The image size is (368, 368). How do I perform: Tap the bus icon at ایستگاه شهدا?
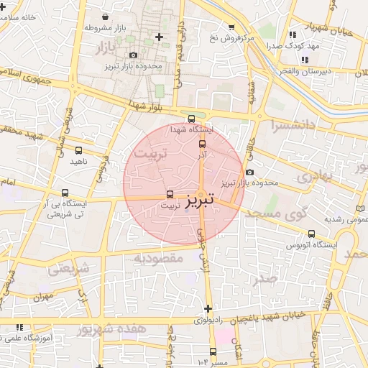click(191, 119)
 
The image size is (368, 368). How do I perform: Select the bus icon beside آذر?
click(201, 144)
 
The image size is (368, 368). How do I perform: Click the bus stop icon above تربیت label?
click(170, 194)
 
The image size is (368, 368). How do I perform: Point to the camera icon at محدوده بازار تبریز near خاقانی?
click(249, 172)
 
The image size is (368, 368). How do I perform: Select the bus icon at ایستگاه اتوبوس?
click(311, 234)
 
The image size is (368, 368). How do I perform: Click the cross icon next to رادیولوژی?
click(208, 309)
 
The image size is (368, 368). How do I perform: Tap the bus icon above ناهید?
click(78, 151)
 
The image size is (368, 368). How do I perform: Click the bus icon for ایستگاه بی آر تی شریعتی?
click(65, 193)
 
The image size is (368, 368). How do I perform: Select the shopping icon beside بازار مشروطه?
click(106, 17)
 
